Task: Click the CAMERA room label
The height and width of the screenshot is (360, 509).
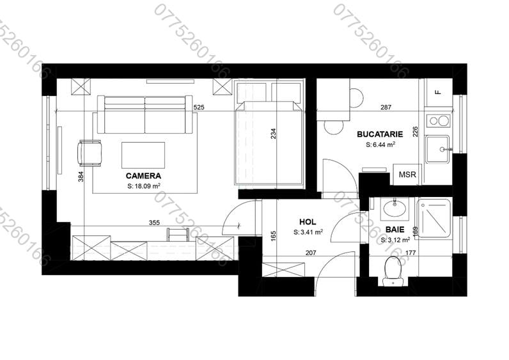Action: (143, 175)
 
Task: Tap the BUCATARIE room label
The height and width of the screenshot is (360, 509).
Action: (380, 134)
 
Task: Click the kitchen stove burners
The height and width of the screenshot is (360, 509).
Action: (438, 120)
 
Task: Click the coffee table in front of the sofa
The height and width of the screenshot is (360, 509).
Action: (143, 153)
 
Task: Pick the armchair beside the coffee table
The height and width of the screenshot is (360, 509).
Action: (90, 152)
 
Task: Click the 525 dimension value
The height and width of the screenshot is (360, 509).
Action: (198, 107)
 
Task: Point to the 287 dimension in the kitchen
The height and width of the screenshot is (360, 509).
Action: (386, 107)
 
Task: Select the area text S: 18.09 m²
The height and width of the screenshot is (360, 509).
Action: (143, 187)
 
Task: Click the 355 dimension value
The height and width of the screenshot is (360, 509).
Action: (153, 223)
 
